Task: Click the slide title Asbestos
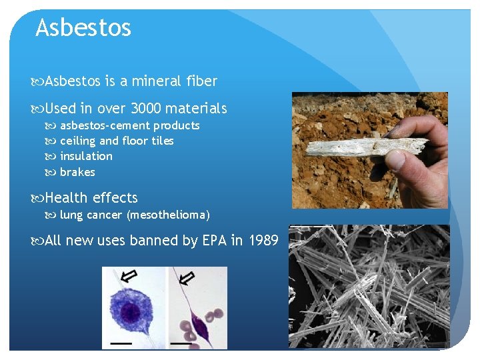(83, 28)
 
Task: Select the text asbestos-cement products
(129, 125)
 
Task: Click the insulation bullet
(86, 156)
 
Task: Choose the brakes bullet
(77, 172)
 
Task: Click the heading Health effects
(91, 198)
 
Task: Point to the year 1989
(263, 241)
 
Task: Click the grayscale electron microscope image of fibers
(369, 287)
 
